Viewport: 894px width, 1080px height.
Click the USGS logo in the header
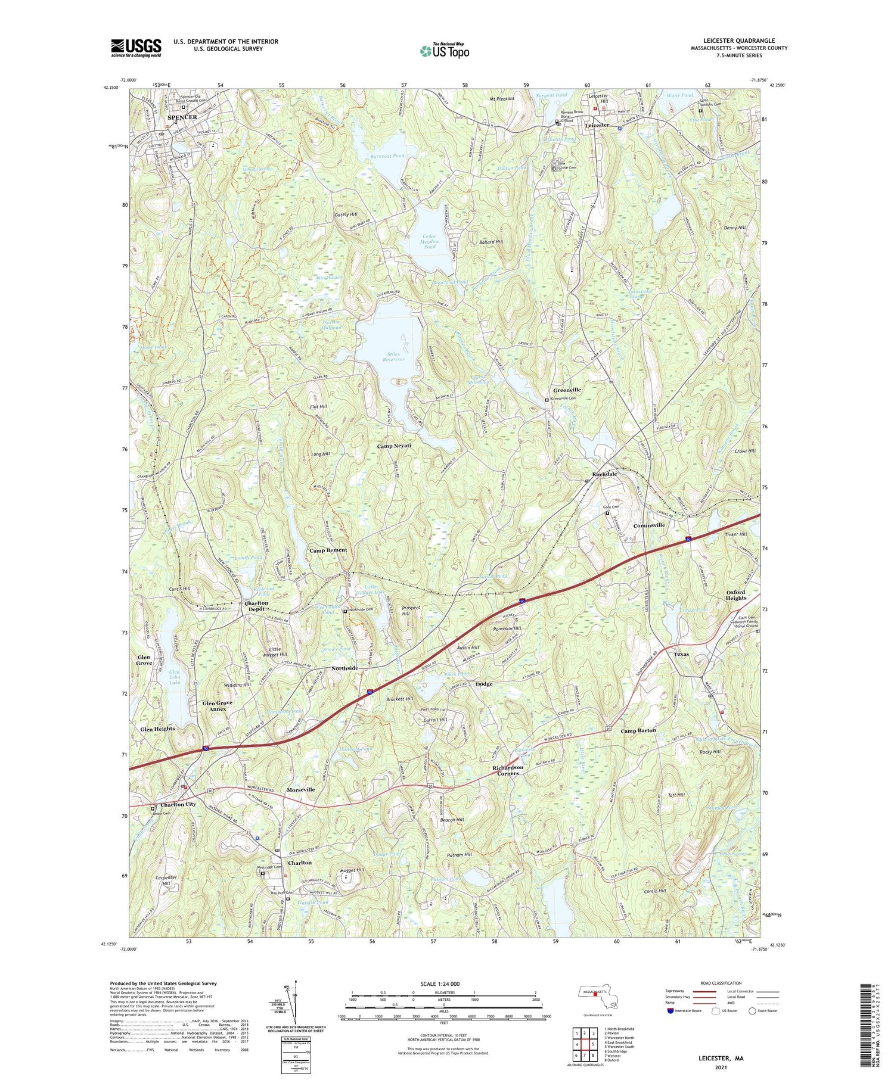click(x=136, y=48)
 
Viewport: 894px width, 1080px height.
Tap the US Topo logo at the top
click(x=444, y=51)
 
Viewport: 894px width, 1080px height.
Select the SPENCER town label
click(x=182, y=117)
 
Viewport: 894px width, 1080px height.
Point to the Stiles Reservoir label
click(x=392, y=356)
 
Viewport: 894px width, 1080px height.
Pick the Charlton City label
click(x=175, y=804)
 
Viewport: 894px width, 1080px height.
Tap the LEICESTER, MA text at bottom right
click(x=721, y=1059)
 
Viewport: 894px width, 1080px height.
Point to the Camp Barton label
click(x=638, y=730)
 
